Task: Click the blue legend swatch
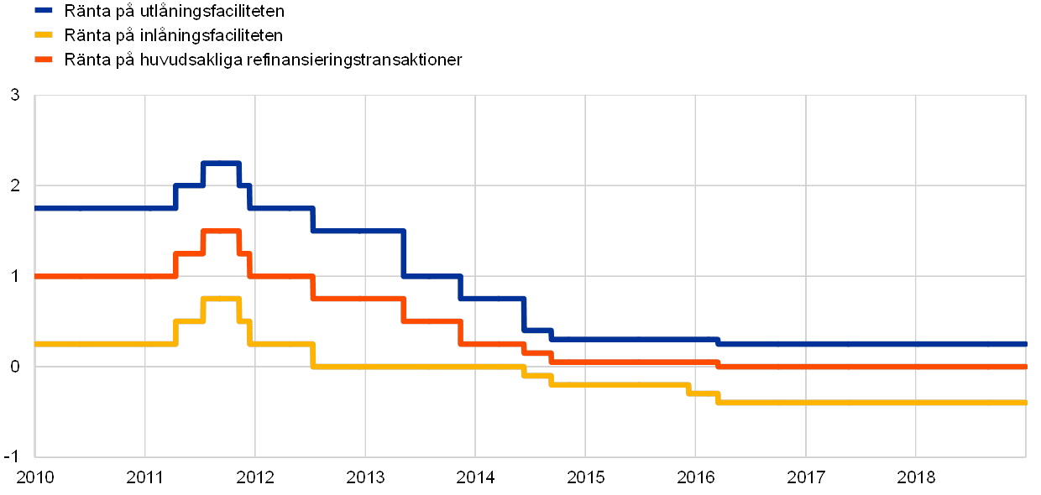click(43, 12)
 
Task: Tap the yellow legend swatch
click(43, 36)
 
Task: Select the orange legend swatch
click(43, 60)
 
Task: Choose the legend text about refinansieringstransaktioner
click(265, 60)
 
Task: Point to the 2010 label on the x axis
click(35, 477)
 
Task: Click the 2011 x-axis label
click(145, 477)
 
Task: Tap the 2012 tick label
click(255, 477)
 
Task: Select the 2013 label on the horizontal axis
click(365, 477)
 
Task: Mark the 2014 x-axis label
click(475, 477)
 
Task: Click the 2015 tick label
click(585, 477)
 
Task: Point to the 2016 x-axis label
click(696, 477)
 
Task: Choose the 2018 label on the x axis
click(916, 477)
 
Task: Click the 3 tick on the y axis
click(15, 95)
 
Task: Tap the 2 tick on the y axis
click(15, 185)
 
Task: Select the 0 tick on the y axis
click(15, 367)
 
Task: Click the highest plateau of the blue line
click(221, 163)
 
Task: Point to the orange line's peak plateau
click(221, 231)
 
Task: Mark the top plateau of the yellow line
click(221, 299)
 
